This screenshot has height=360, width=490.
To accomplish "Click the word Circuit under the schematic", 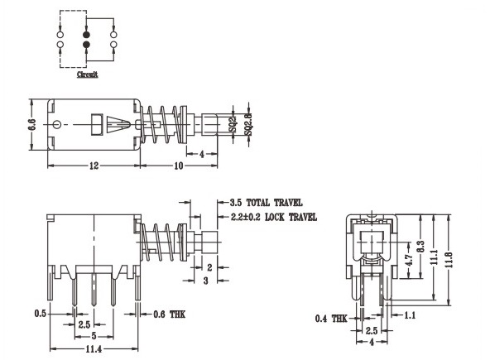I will (87, 74).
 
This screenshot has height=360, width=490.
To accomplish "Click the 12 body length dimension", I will (94, 166).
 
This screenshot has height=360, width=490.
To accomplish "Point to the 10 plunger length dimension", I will (177, 166).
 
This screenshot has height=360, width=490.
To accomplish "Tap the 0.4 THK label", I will (332, 318).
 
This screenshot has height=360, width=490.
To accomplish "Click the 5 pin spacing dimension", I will (94, 336).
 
